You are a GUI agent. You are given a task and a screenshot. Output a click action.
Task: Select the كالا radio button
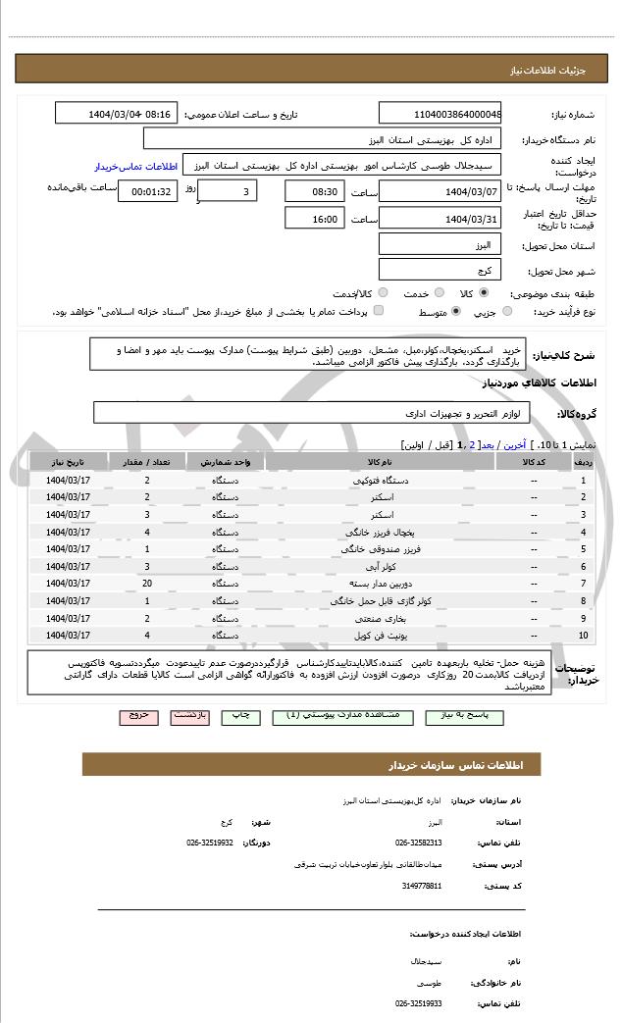pyautogui.click(x=483, y=292)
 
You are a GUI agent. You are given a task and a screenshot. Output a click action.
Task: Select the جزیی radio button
pyautogui.click(x=506, y=312)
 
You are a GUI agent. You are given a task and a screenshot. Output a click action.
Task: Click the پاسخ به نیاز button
pyautogui.click(x=464, y=716)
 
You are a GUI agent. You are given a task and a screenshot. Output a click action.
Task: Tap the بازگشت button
pyautogui.click(x=190, y=716)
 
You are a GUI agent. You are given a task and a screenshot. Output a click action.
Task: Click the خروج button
pyautogui.click(x=138, y=716)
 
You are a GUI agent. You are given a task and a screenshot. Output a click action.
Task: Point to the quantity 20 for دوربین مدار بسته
pyautogui.click(x=147, y=584)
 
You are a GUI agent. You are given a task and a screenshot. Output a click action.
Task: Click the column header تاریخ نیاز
pyautogui.click(x=69, y=461)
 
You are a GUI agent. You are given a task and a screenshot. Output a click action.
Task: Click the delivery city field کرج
pyautogui.click(x=440, y=270)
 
